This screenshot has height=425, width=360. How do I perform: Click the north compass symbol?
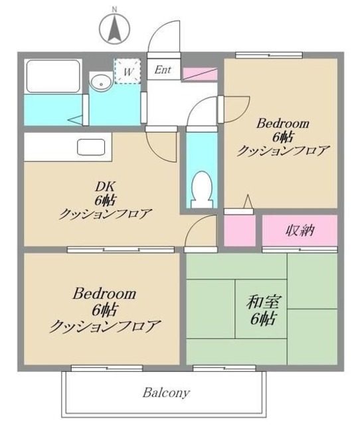(114, 27)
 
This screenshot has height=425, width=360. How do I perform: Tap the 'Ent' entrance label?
(162, 69)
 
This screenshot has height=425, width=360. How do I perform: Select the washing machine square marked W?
(126, 70)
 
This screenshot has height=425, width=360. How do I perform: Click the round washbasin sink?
(101, 83)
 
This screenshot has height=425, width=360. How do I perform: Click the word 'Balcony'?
(167, 392)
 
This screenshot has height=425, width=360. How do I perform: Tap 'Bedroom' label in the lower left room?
(105, 293)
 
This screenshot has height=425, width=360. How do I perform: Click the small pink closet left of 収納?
(239, 229)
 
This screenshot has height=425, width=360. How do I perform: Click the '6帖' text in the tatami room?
(264, 318)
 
